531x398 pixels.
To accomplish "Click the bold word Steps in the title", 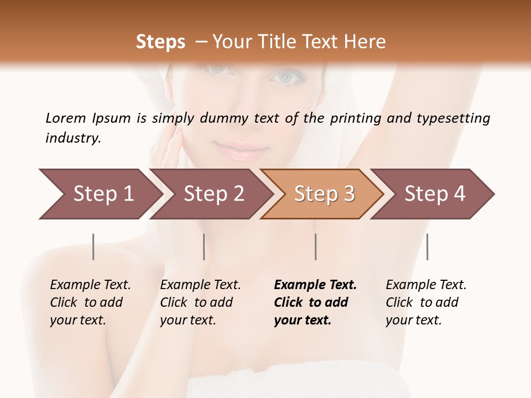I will (160, 42).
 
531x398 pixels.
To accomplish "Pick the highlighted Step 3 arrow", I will (324, 193).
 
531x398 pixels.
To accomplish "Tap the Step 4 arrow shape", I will (435, 193).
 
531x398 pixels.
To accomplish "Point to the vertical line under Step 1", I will (93, 247).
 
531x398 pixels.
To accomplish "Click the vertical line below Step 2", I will (204, 247).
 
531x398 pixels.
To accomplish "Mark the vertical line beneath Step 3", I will (315, 247).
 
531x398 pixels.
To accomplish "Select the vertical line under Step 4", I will (427, 247).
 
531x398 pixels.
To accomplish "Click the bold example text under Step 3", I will (315, 302).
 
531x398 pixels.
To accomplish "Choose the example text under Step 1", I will (90, 302).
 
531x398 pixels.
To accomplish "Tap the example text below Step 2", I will (200, 302).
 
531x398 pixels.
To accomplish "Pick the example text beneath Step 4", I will (426, 302).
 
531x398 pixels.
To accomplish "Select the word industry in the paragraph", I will (73, 138).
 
